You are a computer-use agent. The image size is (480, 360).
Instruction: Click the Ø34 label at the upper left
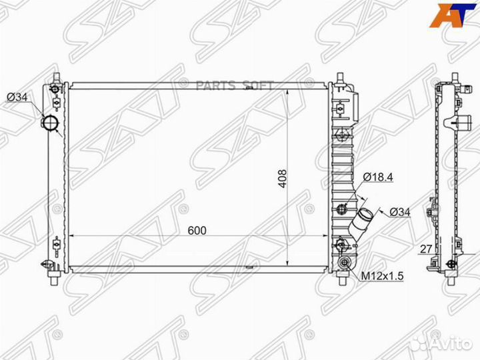click(x=17, y=97)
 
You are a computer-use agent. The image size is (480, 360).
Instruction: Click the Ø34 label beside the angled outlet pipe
click(x=399, y=211)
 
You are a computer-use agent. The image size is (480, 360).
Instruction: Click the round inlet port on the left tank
click(x=51, y=125)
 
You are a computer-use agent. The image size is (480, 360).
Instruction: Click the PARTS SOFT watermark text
click(x=227, y=84)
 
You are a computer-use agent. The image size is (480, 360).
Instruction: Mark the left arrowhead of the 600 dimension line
click(x=73, y=235)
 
